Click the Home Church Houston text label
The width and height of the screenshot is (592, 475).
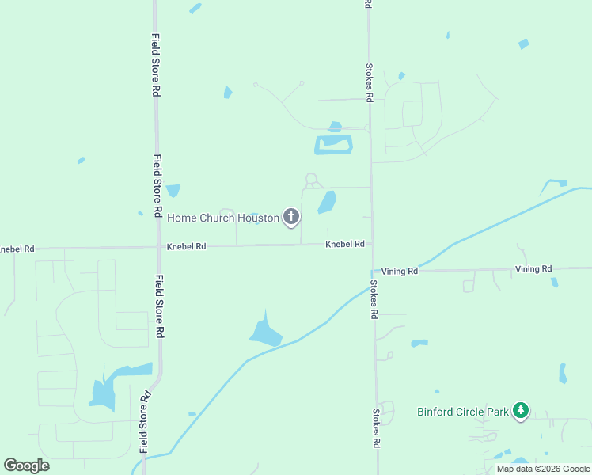(223, 218)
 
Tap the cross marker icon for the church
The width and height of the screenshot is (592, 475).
(291, 216)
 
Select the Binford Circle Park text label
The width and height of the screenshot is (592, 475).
(463, 412)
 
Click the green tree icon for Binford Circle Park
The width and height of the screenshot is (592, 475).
(520, 410)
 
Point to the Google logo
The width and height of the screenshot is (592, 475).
(26, 465)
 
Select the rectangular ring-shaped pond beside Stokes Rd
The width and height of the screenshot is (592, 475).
(333, 145)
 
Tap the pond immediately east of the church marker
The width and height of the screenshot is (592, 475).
(326, 203)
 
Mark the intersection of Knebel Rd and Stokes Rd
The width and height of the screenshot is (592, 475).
(371, 245)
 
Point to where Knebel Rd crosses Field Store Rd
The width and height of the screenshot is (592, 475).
(159, 247)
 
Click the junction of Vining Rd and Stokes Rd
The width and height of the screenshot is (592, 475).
(372, 271)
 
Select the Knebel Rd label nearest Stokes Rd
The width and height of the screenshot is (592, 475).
(344, 245)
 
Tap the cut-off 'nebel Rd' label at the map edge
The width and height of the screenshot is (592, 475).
(17, 249)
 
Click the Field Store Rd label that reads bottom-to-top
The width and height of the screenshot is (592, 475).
(145, 423)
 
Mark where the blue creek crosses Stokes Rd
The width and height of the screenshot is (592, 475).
(371, 287)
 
